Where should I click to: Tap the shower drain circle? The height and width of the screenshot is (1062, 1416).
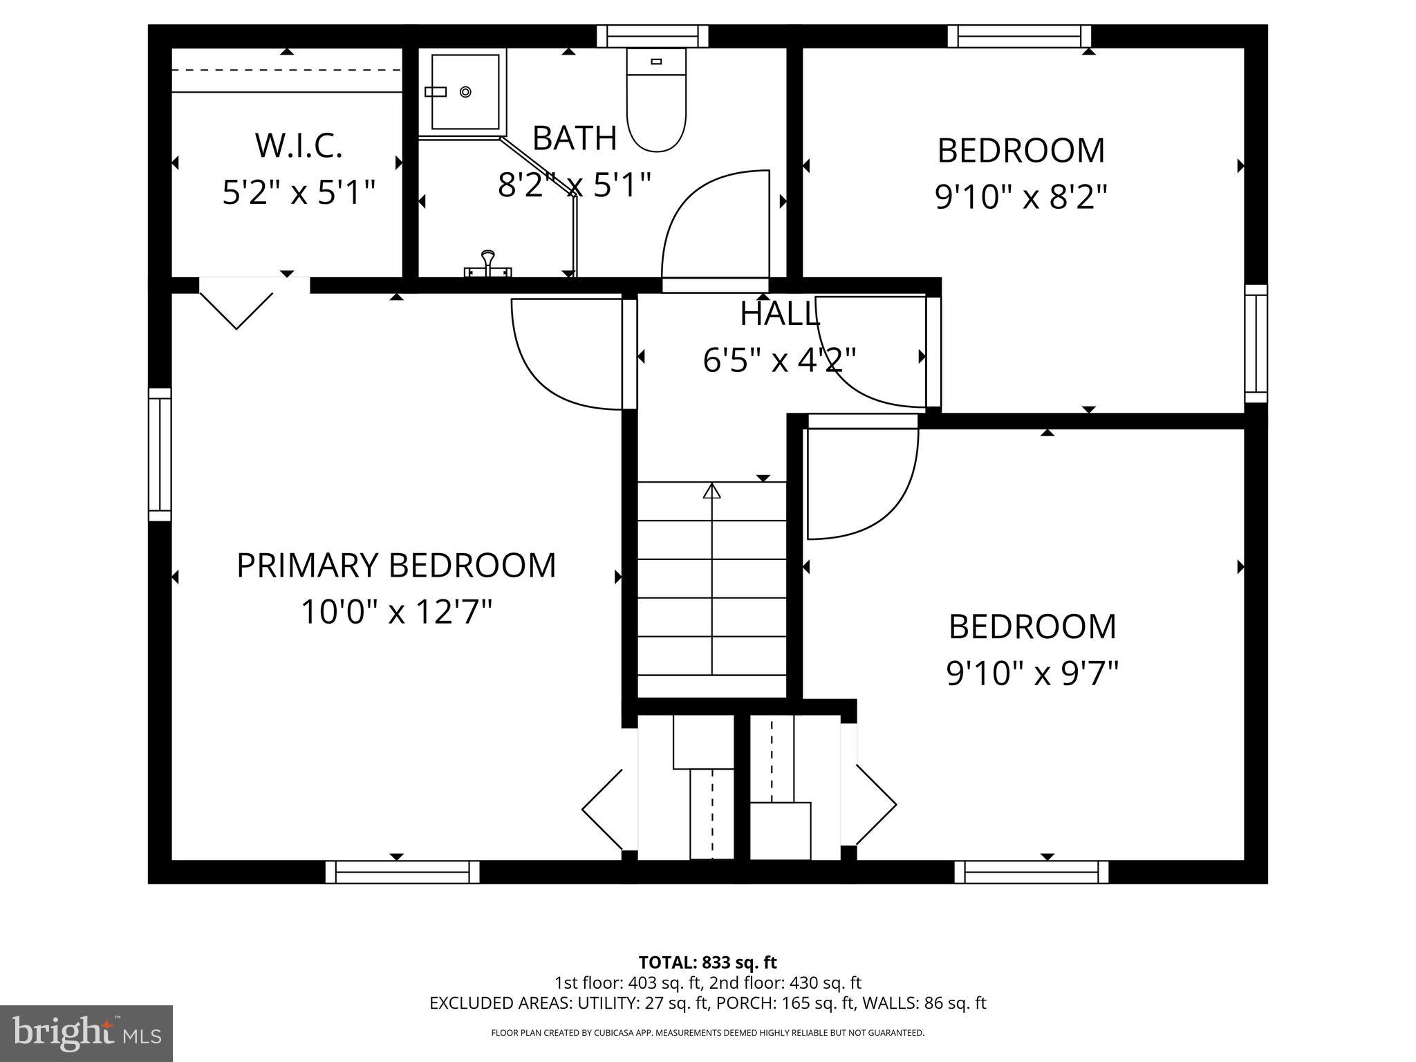tap(465, 91)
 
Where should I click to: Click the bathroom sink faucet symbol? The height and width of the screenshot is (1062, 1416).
tap(488, 263)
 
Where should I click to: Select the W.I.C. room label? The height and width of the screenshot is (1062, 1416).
tap(299, 145)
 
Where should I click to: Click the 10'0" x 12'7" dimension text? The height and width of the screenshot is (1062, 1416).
tap(396, 611)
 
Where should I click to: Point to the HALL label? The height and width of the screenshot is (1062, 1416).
tap(780, 314)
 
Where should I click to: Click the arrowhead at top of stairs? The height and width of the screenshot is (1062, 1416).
tap(711, 491)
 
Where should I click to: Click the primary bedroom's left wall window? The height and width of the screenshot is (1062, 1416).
tap(160, 454)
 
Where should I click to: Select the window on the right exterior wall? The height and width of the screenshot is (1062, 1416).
tap(1256, 344)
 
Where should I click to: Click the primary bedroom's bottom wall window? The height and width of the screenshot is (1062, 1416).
tap(402, 872)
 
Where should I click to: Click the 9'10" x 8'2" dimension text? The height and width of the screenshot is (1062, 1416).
tap(1021, 197)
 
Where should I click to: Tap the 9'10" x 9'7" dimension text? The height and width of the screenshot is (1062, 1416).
tap(1032, 673)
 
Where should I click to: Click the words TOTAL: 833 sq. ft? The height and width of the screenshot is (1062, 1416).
tap(707, 962)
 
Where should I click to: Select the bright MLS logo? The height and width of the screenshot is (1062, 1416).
tap(86, 1033)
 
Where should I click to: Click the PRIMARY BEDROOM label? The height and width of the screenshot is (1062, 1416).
tap(396, 565)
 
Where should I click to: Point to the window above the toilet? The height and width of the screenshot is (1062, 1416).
tap(653, 36)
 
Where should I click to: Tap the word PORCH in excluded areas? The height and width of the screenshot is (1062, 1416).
tap(739, 1003)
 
